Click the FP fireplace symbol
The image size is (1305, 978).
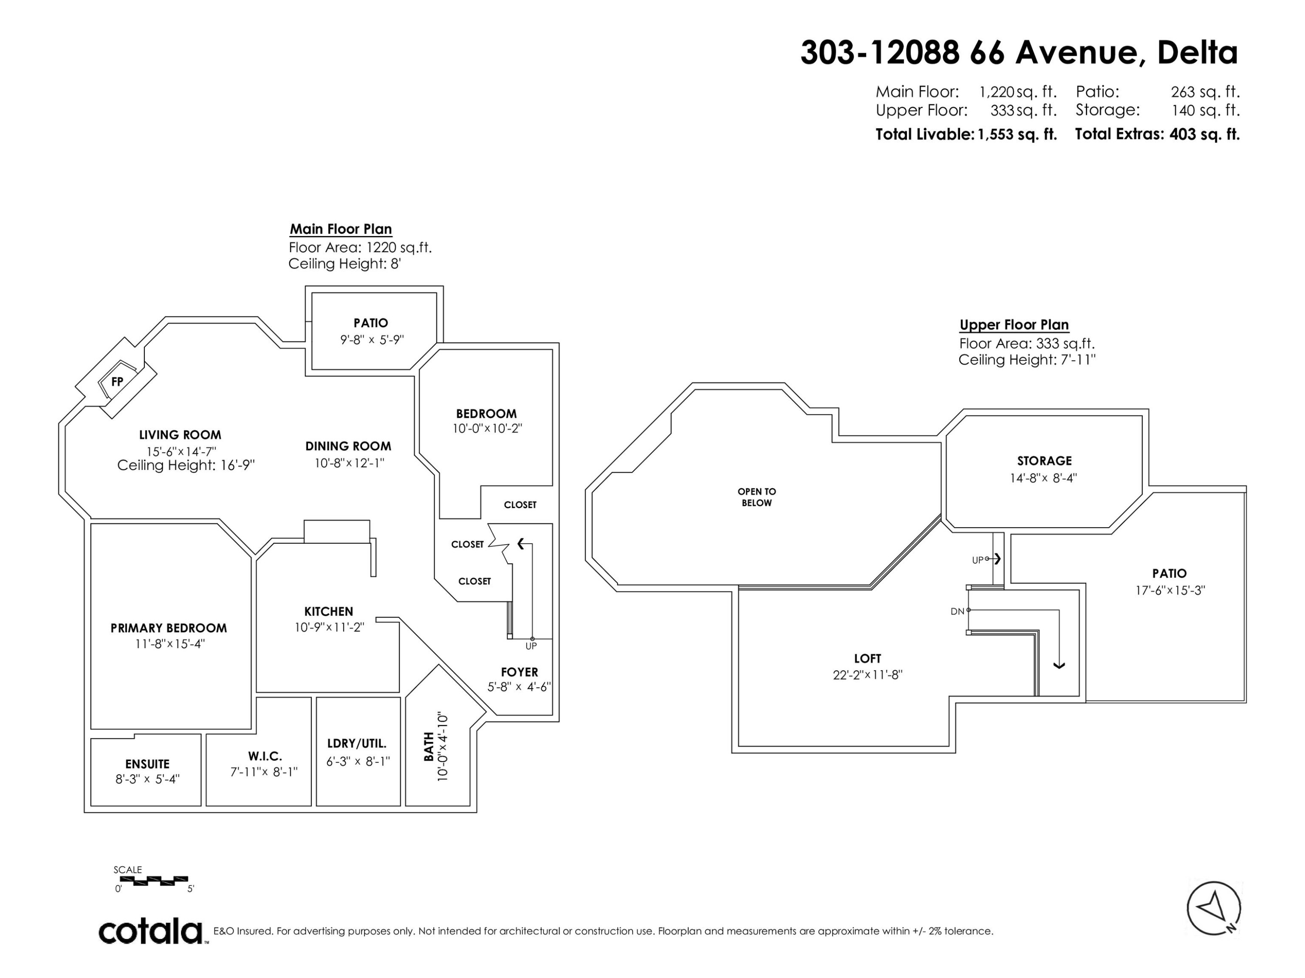point(117,381)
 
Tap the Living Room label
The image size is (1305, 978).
point(180,435)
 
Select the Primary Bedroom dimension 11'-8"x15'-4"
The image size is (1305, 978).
point(170,644)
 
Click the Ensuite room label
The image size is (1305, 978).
point(147,764)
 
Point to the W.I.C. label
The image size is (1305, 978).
point(265,756)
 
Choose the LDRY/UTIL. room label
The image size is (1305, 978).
point(357,744)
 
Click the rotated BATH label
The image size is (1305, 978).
point(429,746)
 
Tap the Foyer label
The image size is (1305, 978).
point(519,672)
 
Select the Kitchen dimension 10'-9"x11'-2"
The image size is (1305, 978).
point(330,627)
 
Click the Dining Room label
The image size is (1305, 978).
point(348,446)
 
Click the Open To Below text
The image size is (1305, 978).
point(757,497)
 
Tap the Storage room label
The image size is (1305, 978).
point(1044,461)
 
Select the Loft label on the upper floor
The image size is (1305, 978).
point(867,659)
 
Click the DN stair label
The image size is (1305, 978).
point(957,611)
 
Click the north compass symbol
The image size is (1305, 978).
point(1214,908)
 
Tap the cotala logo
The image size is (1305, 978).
point(151,931)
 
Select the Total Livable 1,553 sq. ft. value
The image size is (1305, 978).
point(1017,134)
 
